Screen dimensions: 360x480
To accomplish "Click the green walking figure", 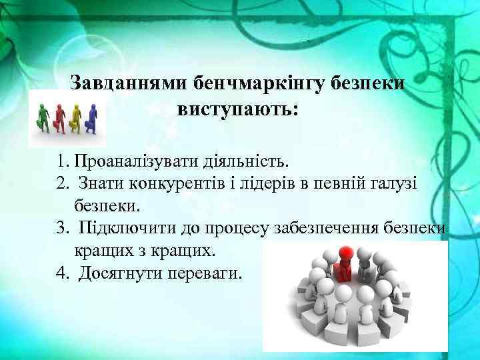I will (43, 116).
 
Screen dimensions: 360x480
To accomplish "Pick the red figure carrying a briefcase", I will (59, 116).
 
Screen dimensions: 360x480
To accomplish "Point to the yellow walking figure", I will (75, 116).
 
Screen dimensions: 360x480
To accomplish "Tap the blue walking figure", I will (91, 116).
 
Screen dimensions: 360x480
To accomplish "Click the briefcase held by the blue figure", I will (86, 125).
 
